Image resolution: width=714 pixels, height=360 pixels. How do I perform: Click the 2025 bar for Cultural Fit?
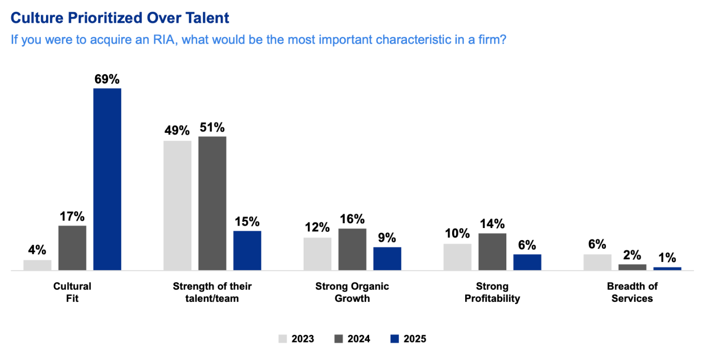(107, 179)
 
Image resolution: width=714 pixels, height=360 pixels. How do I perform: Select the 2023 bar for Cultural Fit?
(37, 265)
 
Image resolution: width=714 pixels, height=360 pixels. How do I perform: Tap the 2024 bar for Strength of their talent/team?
(212, 203)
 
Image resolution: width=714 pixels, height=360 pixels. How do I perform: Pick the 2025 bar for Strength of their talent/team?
(247, 250)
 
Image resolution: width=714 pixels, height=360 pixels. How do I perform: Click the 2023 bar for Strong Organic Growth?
(317, 254)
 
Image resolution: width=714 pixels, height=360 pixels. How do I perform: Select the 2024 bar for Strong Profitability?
(492, 251)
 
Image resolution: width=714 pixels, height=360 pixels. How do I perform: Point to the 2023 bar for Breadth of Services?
(597, 262)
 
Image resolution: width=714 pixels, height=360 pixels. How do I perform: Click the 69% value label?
(107, 79)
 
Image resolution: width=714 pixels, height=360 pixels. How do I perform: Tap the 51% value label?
(212, 128)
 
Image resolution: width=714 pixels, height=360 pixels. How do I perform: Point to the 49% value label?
(177, 131)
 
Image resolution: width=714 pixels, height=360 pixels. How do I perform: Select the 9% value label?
(387, 238)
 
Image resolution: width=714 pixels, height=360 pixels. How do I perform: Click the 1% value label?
(667, 258)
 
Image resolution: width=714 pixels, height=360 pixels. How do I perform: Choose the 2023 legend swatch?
(282, 339)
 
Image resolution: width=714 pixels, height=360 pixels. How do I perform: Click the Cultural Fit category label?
(72, 293)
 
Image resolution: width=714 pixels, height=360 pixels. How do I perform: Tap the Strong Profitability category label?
(492, 293)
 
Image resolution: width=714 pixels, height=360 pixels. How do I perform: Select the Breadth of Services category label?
(632, 293)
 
